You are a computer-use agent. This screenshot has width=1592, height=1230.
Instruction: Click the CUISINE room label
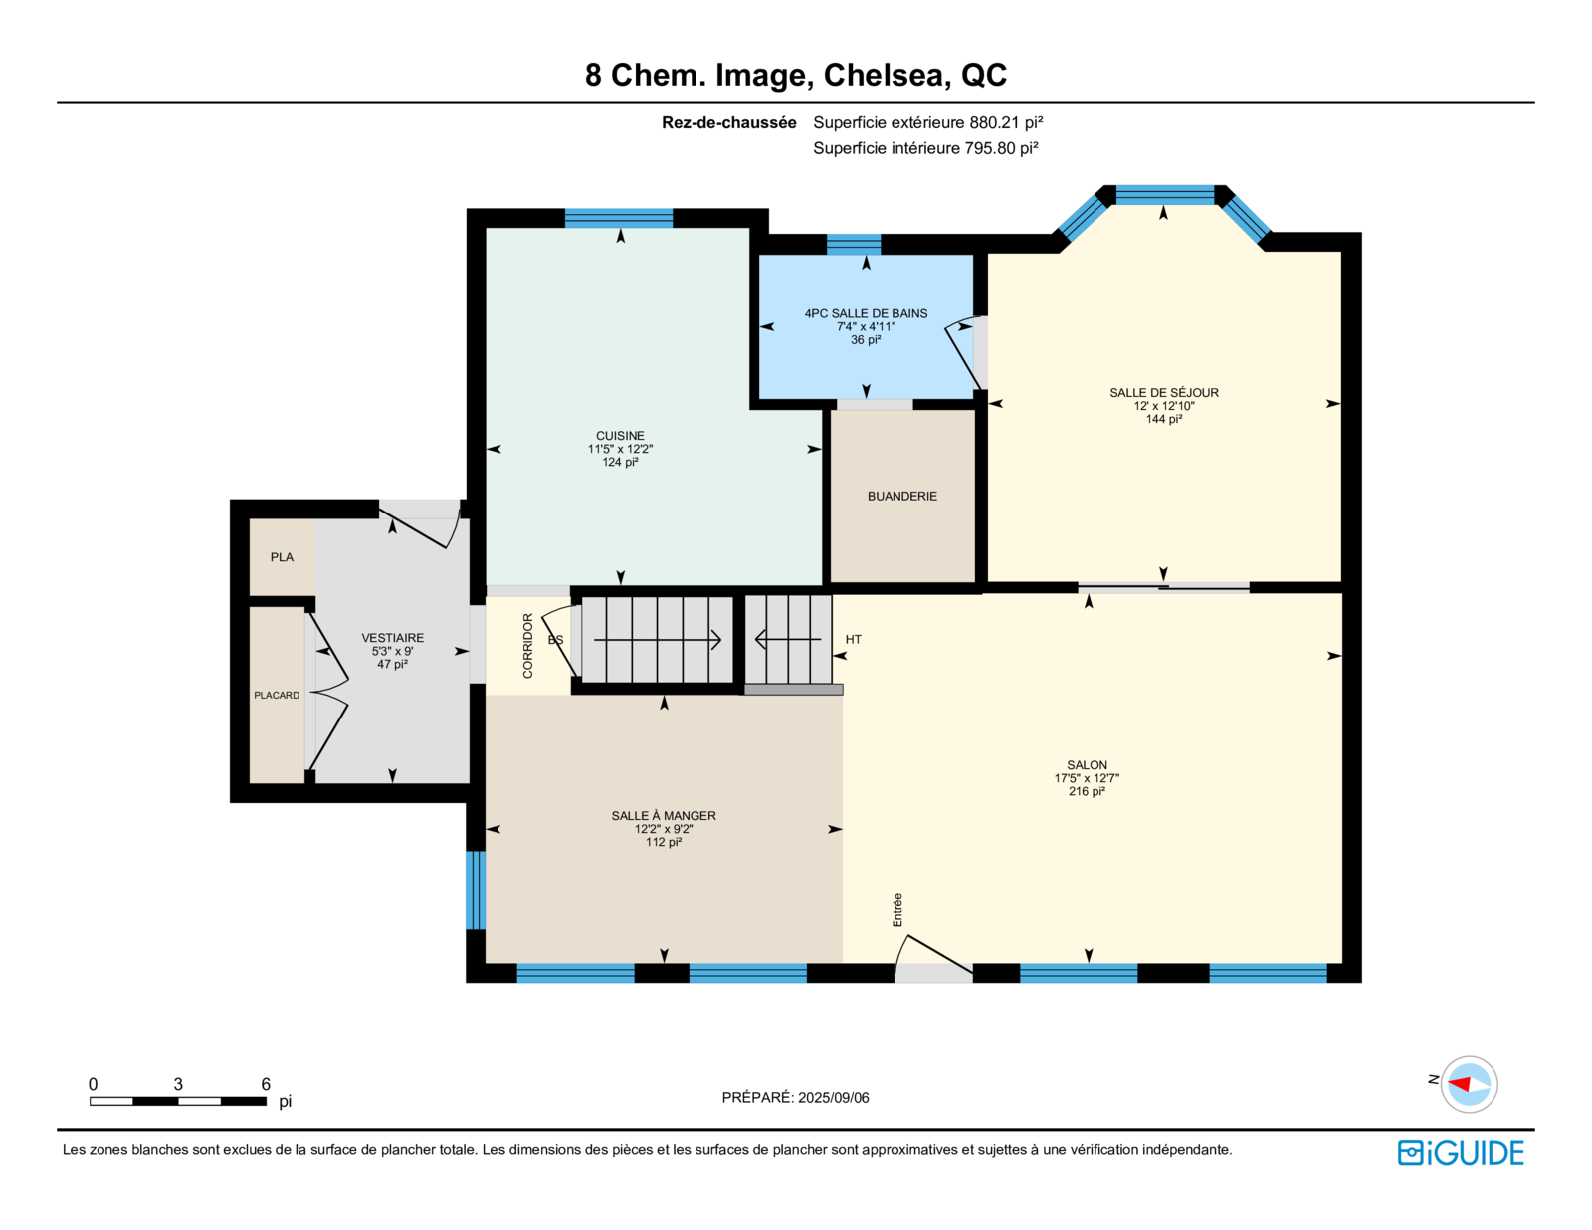(x=620, y=435)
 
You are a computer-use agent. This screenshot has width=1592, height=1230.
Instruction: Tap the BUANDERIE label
(x=901, y=496)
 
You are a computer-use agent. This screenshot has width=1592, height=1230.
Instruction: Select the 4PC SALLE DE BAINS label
(x=866, y=313)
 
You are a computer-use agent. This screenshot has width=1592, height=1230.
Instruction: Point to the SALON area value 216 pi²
(x=1087, y=791)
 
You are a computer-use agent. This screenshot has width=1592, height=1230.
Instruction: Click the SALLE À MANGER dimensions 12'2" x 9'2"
(x=664, y=829)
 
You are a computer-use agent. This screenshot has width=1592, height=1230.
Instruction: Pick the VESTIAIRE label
(x=393, y=637)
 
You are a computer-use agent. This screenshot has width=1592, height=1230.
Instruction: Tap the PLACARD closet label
(x=277, y=695)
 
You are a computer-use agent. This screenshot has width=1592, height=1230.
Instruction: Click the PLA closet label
(x=282, y=556)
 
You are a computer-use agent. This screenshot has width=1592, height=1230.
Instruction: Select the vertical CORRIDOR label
(x=527, y=646)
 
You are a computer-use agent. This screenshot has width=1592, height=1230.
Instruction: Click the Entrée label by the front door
(x=897, y=910)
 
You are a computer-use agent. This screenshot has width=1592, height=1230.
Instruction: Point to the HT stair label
(x=854, y=639)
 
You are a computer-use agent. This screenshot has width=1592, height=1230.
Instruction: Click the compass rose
(x=1469, y=1084)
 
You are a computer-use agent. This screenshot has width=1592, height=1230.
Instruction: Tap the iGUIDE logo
(x=1461, y=1153)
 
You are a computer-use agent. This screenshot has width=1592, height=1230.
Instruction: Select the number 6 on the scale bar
(x=266, y=1083)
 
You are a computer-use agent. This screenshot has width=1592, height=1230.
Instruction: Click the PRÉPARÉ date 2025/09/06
(x=834, y=1097)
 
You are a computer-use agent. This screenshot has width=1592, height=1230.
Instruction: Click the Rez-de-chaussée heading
(x=729, y=122)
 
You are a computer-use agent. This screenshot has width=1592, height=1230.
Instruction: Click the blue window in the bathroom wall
(x=854, y=244)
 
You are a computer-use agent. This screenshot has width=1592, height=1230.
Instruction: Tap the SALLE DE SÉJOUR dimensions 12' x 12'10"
(x=1164, y=405)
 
